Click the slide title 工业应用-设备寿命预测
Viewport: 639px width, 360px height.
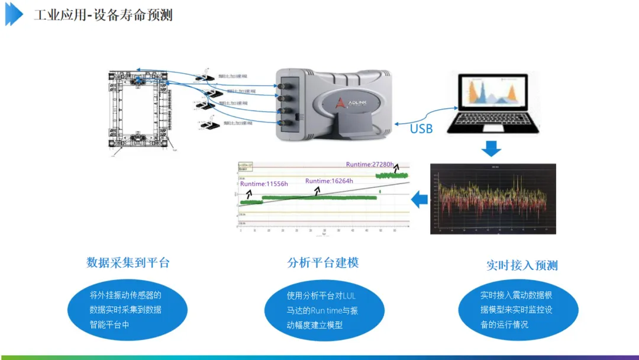(x=103, y=15)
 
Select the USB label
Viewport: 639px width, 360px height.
(x=421, y=128)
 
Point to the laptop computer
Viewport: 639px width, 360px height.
(x=493, y=104)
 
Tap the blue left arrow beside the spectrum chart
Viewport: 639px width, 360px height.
(x=419, y=200)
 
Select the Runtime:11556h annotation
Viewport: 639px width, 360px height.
(x=264, y=184)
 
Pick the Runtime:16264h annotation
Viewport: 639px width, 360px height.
(x=329, y=181)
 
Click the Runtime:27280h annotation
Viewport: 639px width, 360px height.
(x=370, y=164)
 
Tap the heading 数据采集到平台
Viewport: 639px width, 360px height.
(x=128, y=263)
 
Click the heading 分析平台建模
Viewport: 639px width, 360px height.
(x=323, y=263)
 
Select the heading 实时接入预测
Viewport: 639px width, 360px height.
(x=522, y=265)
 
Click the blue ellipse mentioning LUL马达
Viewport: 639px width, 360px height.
(x=324, y=310)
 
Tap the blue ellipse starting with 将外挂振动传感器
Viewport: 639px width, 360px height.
(x=127, y=310)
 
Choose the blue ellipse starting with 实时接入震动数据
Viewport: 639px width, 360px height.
(x=518, y=310)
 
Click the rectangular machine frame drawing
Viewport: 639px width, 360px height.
(x=139, y=111)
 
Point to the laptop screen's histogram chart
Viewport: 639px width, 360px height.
(x=495, y=93)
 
